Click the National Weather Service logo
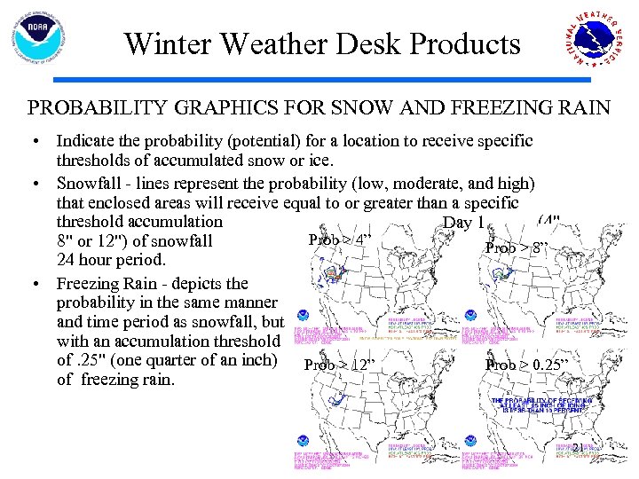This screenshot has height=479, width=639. tap(597, 43)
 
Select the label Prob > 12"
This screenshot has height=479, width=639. tap(341, 365)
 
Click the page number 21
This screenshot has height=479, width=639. tap(577, 449)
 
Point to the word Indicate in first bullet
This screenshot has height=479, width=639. tap(85, 141)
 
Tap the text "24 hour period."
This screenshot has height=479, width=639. tap(111, 261)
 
